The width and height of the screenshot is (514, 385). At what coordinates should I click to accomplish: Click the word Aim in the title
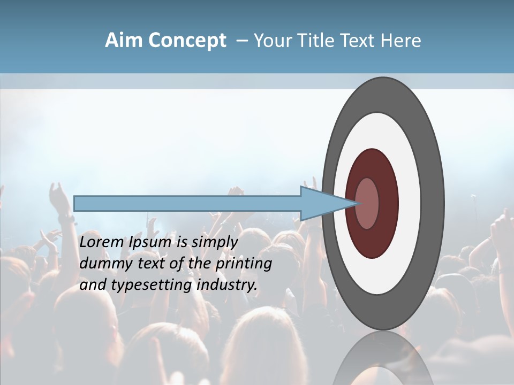(123, 41)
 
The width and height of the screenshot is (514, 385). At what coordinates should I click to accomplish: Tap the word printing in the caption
(244, 264)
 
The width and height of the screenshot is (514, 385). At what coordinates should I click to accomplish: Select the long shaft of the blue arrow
(187, 203)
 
